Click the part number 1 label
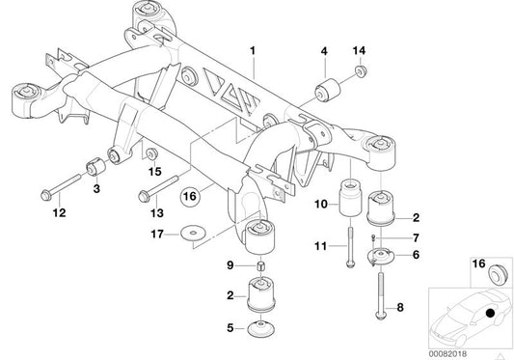[x=254, y=48]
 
